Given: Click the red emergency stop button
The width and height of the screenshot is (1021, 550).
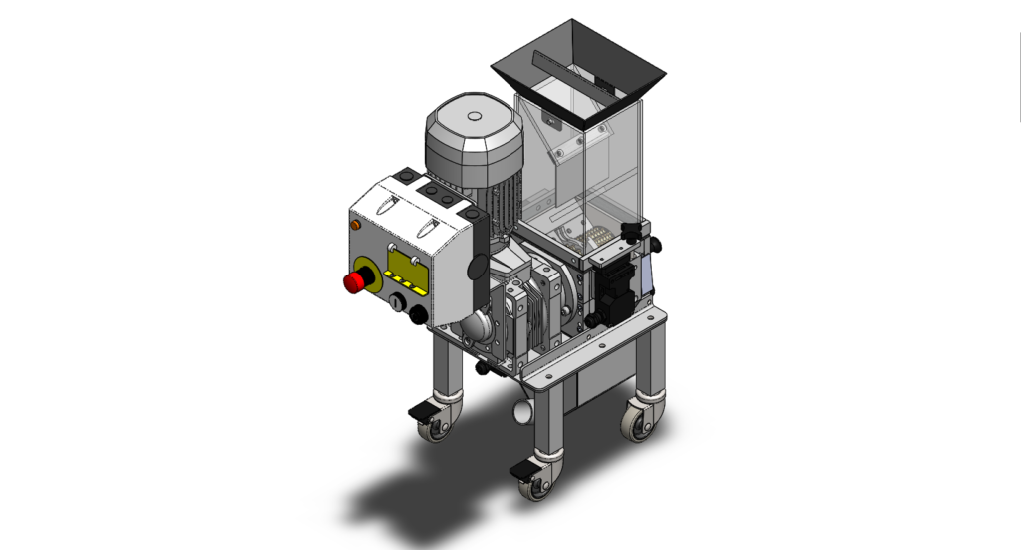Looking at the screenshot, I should [x=354, y=282].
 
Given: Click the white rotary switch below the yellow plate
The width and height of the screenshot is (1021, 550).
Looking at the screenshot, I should [x=396, y=301].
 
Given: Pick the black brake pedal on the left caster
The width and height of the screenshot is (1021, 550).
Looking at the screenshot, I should [x=420, y=411].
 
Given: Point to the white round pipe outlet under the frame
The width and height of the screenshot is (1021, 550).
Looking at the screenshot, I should [x=521, y=411].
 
